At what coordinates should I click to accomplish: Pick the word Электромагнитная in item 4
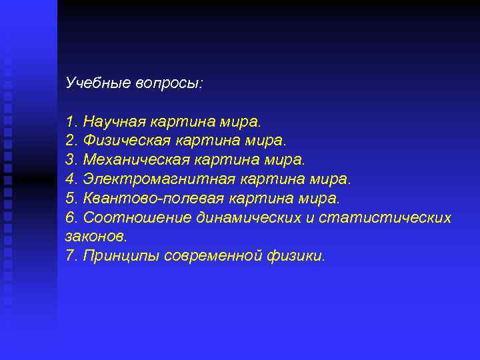(151, 180)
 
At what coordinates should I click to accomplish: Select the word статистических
(386, 218)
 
